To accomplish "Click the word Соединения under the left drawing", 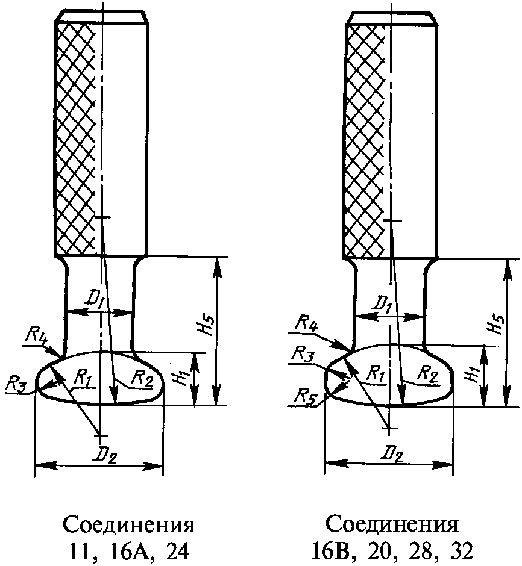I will click(130, 524).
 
